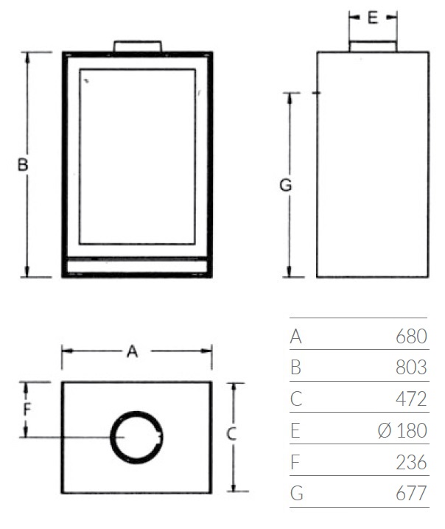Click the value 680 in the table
click(x=411, y=337)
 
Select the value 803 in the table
click(x=411, y=367)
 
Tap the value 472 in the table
click(x=411, y=399)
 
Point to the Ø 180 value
click(x=402, y=430)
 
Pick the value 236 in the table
click(x=411, y=462)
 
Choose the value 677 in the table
click(x=411, y=493)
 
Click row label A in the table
click(x=295, y=337)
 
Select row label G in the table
click(x=297, y=493)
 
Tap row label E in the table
click(x=295, y=430)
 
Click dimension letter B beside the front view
click(x=23, y=165)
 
